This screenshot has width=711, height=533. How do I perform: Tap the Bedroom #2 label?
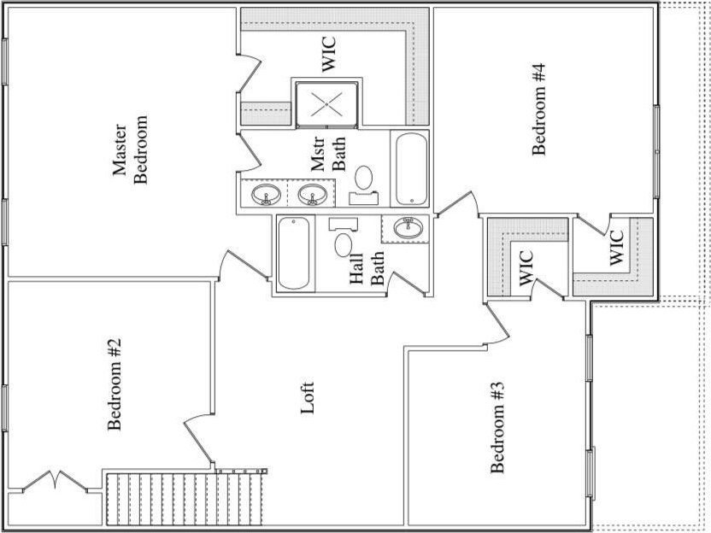pos(114,384)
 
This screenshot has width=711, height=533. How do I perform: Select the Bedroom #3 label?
pos(499,427)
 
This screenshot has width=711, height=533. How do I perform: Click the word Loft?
pos(308,398)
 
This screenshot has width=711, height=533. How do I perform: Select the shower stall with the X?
pos(326,105)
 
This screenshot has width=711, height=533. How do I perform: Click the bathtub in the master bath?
pos(411,168)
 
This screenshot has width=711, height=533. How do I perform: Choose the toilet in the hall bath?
pos(343,242)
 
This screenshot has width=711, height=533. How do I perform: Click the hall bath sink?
pos(406,228)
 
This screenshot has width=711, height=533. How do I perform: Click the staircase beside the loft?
pos(184,498)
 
